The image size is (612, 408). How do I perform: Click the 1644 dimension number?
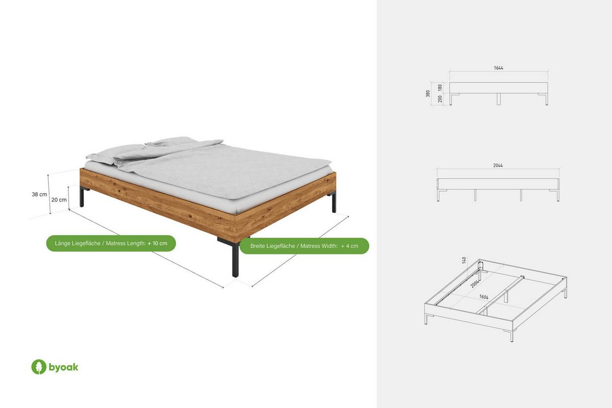(x=498, y=68)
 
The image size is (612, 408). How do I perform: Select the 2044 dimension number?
(x=498, y=165)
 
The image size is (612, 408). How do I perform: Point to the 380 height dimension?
(x=428, y=93)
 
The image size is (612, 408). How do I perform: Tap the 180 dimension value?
(x=440, y=88)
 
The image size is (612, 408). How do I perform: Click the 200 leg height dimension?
(x=440, y=99)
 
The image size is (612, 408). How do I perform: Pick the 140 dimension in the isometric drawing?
(x=464, y=260)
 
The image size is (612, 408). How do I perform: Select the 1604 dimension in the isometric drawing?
(x=483, y=297)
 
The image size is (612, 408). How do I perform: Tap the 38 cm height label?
(x=39, y=194)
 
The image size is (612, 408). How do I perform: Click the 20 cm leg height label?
(x=59, y=200)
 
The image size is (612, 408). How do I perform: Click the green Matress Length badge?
(x=111, y=243)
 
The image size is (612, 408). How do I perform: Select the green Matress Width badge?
(x=304, y=246)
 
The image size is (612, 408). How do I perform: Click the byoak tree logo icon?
(x=39, y=367)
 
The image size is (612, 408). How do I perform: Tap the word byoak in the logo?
(x=63, y=368)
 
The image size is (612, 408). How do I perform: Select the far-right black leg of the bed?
(x=334, y=202)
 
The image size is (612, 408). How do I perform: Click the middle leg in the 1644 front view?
(x=499, y=99)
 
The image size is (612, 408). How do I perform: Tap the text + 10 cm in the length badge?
(x=157, y=243)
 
